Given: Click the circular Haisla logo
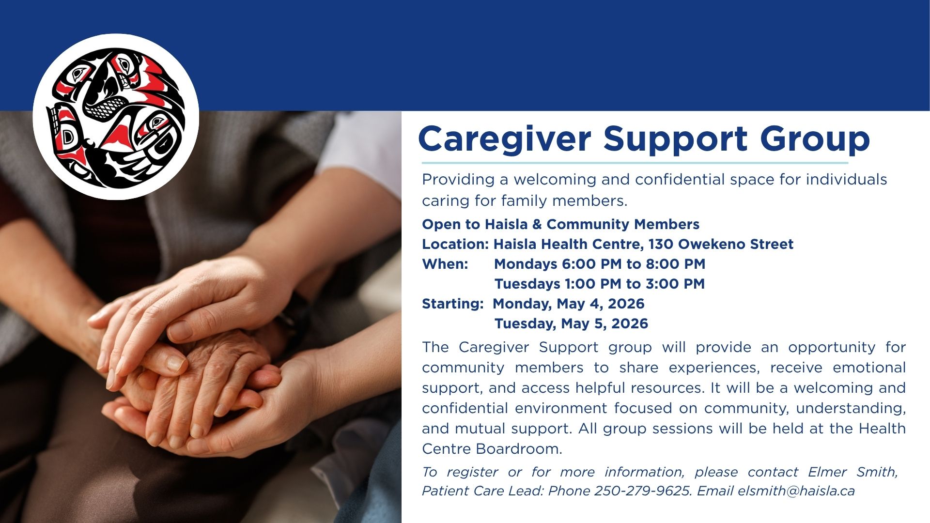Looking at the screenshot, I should (x=116, y=117).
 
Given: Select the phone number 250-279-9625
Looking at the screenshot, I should (x=642, y=491).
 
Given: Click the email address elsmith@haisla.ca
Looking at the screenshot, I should (x=796, y=491).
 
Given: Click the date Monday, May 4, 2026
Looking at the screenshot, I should (x=569, y=304).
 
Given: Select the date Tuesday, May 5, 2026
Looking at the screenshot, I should (x=571, y=323).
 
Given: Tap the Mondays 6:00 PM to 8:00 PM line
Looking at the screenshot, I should (x=600, y=264).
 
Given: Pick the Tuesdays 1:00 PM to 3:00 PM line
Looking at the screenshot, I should (x=600, y=284).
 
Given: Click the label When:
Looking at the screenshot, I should (x=445, y=264).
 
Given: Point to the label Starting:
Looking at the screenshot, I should (x=452, y=304).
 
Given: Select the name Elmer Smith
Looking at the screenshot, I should (x=852, y=472).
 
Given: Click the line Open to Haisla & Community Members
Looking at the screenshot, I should (x=560, y=224).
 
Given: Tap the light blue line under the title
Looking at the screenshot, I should (x=635, y=163).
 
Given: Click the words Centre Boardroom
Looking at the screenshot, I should (x=492, y=449).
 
